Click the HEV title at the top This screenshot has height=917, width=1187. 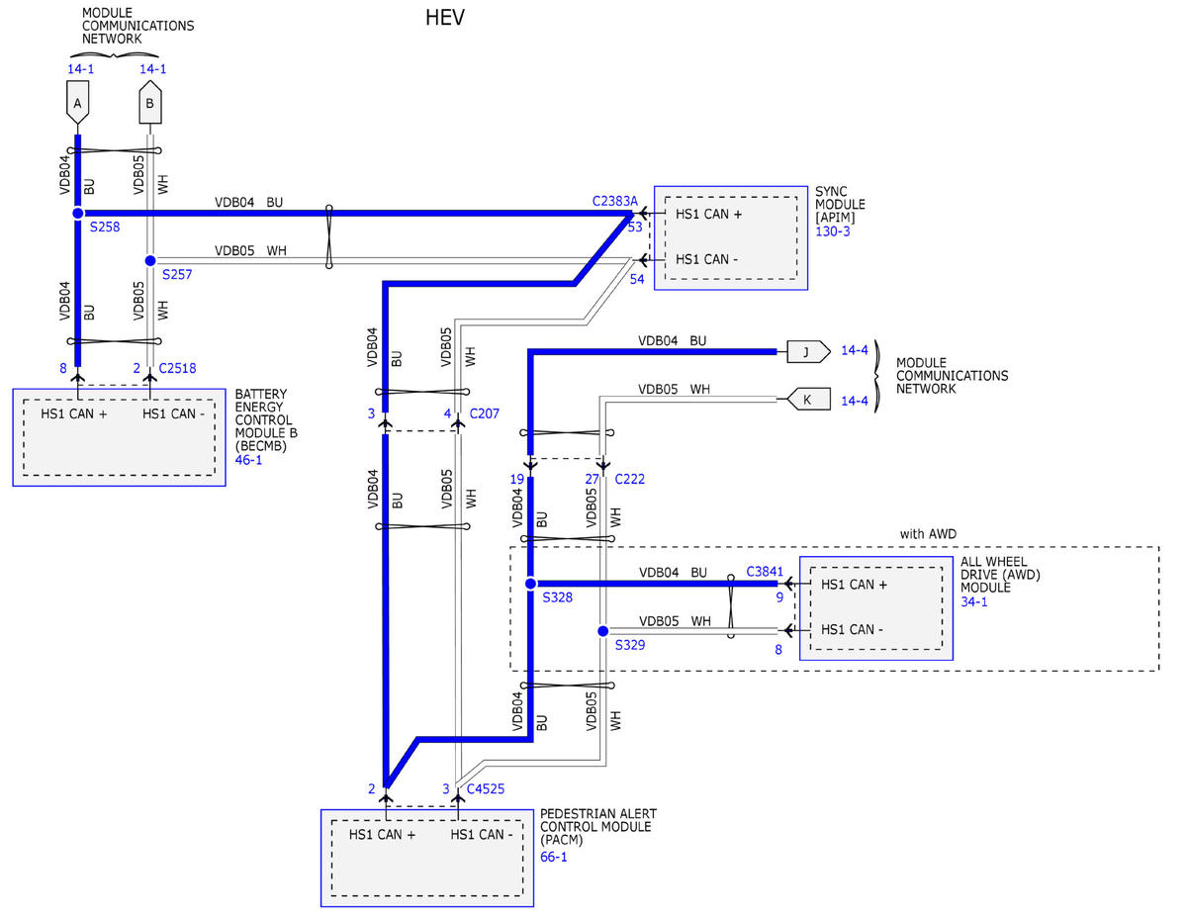pyautogui.click(x=445, y=18)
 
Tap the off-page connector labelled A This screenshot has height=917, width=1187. pyautogui.click(x=77, y=103)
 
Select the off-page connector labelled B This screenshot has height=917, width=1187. pyautogui.click(x=150, y=102)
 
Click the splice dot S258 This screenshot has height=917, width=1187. pyautogui.click(x=78, y=213)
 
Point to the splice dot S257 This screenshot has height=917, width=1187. pyautogui.click(x=150, y=261)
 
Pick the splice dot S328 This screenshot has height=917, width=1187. pyautogui.click(x=530, y=584)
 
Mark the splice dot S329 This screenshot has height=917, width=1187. pyautogui.click(x=603, y=631)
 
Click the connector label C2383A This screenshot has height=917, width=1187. pyautogui.click(x=614, y=201)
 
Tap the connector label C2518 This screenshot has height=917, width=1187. pyautogui.click(x=177, y=368)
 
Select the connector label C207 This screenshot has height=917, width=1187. pyautogui.click(x=484, y=413)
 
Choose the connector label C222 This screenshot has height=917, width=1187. pyautogui.click(x=629, y=479)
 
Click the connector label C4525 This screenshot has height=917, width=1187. pyautogui.click(x=485, y=788)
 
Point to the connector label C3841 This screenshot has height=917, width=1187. pyautogui.click(x=765, y=572)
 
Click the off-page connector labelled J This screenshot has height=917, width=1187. pyautogui.click(x=808, y=352)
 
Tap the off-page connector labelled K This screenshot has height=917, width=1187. pyautogui.click(x=808, y=400)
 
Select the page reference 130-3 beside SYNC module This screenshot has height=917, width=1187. pyautogui.click(x=833, y=231)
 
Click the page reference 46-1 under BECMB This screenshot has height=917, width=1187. pyautogui.click(x=248, y=460)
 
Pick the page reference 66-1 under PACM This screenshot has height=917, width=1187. pyautogui.click(x=553, y=857)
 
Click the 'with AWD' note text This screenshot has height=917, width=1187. pyautogui.click(x=928, y=533)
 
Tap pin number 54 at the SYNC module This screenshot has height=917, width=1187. pyautogui.click(x=637, y=280)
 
